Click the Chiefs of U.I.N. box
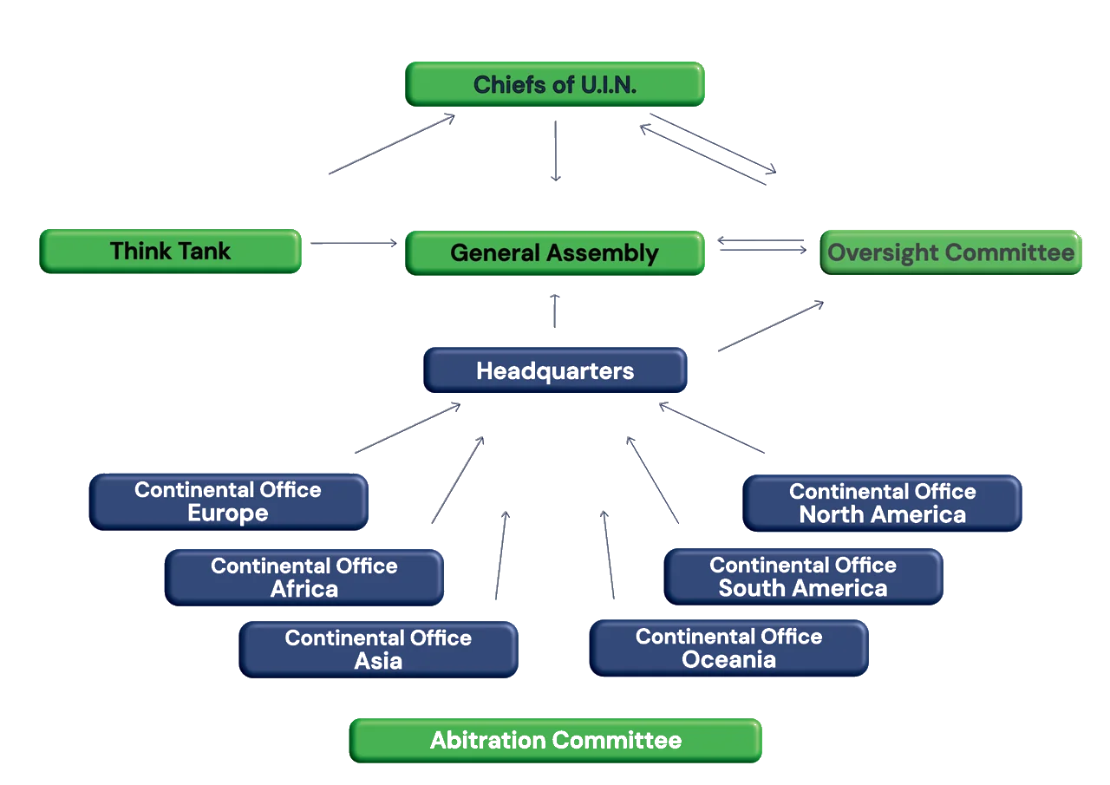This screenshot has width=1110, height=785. coord(555,84)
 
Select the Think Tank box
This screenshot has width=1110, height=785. coord(170,252)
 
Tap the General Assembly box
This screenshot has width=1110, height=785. coord(555,252)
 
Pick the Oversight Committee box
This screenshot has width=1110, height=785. coord(950,252)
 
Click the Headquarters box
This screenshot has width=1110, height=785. coord(555,371)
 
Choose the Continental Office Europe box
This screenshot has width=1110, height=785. coord(228,501)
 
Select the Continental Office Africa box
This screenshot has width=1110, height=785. coord(304,577)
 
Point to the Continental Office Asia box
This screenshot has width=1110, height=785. coord(378,649)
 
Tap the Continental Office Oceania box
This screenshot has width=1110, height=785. coord(728,647)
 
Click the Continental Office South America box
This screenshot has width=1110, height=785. coord(803,576)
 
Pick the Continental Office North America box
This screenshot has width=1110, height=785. coord(883,502)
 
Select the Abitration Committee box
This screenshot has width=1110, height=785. coord(555,740)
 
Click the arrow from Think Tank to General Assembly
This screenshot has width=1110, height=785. coord(351,245)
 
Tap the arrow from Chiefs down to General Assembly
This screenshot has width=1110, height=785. coord(554,151)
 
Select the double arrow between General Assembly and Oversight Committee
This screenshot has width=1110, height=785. coord(763,246)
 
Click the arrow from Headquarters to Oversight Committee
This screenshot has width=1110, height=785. coord(769,325)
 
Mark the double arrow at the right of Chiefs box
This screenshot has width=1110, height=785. coord(707,147)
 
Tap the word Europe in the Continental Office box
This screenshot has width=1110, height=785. coord(228,514)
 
